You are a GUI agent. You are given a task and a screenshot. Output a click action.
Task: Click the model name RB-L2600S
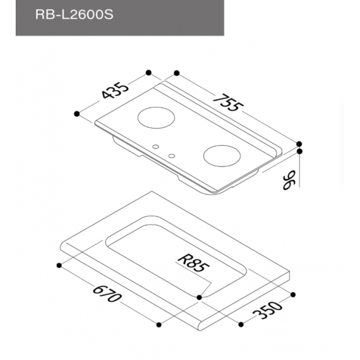pyautogui.click(x=73, y=15)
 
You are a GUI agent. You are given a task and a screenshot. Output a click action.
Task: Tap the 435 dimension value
pyautogui.click(x=114, y=92)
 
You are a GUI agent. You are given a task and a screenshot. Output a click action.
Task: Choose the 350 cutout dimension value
pyautogui.click(x=268, y=312)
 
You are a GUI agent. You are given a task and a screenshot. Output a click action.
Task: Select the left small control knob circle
pyautogui.click(x=156, y=147)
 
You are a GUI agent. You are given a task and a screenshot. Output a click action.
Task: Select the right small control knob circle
pyautogui.click(x=172, y=156)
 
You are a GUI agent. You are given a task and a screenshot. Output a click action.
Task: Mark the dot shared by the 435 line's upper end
pyautogui.click(x=149, y=73)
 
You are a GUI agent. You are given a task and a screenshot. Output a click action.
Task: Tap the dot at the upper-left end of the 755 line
pyautogui.click(x=177, y=73)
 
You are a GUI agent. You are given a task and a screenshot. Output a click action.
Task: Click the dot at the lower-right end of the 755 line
pyautogui.click(x=300, y=143)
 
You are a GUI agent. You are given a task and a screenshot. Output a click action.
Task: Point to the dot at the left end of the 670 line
pyautogui.click(x=59, y=265)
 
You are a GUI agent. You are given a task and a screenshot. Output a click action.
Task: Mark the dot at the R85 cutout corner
pyautogui.click(x=199, y=297)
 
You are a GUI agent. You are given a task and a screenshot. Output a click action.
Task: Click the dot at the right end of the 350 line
pyautogui.click(x=294, y=294)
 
